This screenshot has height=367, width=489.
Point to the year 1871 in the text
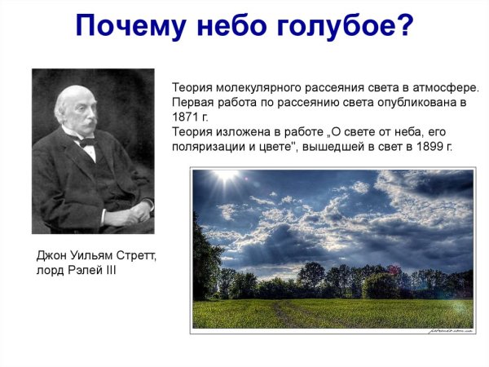[184, 117]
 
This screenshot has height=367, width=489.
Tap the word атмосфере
[449, 87]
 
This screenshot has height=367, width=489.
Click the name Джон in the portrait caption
[51, 256]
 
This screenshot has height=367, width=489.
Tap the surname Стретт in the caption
[135, 256]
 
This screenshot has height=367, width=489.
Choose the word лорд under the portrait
[51, 271]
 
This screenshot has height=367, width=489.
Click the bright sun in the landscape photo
[224, 176]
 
